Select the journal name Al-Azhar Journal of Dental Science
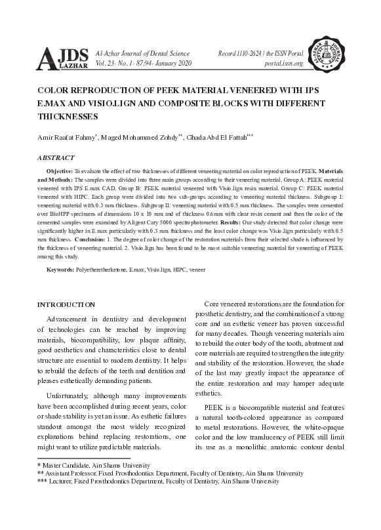click(x=142, y=52)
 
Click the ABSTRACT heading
click(x=56, y=158)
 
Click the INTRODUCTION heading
click(x=66, y=304)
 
